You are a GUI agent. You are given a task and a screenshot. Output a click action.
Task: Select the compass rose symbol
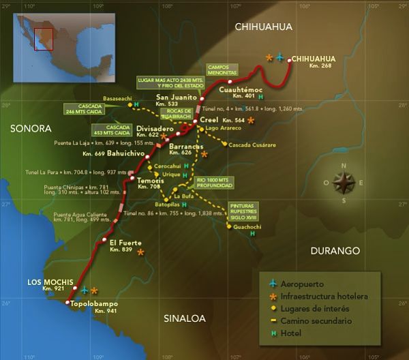(x=344, y=180)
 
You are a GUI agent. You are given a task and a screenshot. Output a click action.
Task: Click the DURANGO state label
(x=335, y=251)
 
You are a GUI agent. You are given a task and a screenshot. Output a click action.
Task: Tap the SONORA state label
(x=31, y=128)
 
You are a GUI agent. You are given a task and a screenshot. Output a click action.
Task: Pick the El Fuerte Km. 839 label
(x=125, y=245)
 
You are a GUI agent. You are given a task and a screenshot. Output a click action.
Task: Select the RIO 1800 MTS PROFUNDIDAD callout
(x=214, y=183)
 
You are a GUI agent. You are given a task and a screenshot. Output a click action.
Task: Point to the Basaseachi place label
(x=120, y=98)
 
